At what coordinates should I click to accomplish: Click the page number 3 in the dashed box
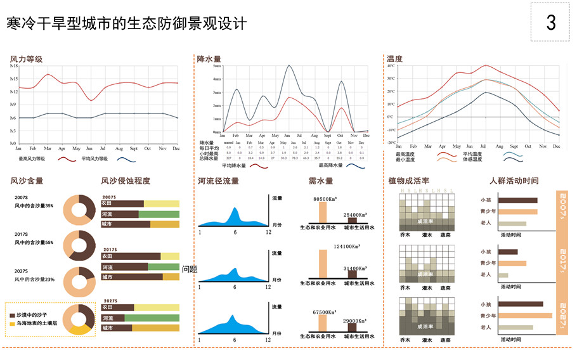551,23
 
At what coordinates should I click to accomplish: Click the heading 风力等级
26,59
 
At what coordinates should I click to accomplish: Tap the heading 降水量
209,59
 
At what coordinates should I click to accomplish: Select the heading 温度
394,59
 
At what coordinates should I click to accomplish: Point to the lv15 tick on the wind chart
13,79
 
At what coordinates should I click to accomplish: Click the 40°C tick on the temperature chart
391,65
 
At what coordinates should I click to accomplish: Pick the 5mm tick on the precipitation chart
217,65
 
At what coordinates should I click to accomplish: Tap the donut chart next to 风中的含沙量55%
80,245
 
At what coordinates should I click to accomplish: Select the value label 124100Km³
346,246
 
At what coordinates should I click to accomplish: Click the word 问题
190,269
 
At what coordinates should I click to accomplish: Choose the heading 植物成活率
410,181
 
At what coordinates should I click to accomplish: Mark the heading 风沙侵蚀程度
126,181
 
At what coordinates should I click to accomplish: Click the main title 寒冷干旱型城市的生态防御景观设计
126,24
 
